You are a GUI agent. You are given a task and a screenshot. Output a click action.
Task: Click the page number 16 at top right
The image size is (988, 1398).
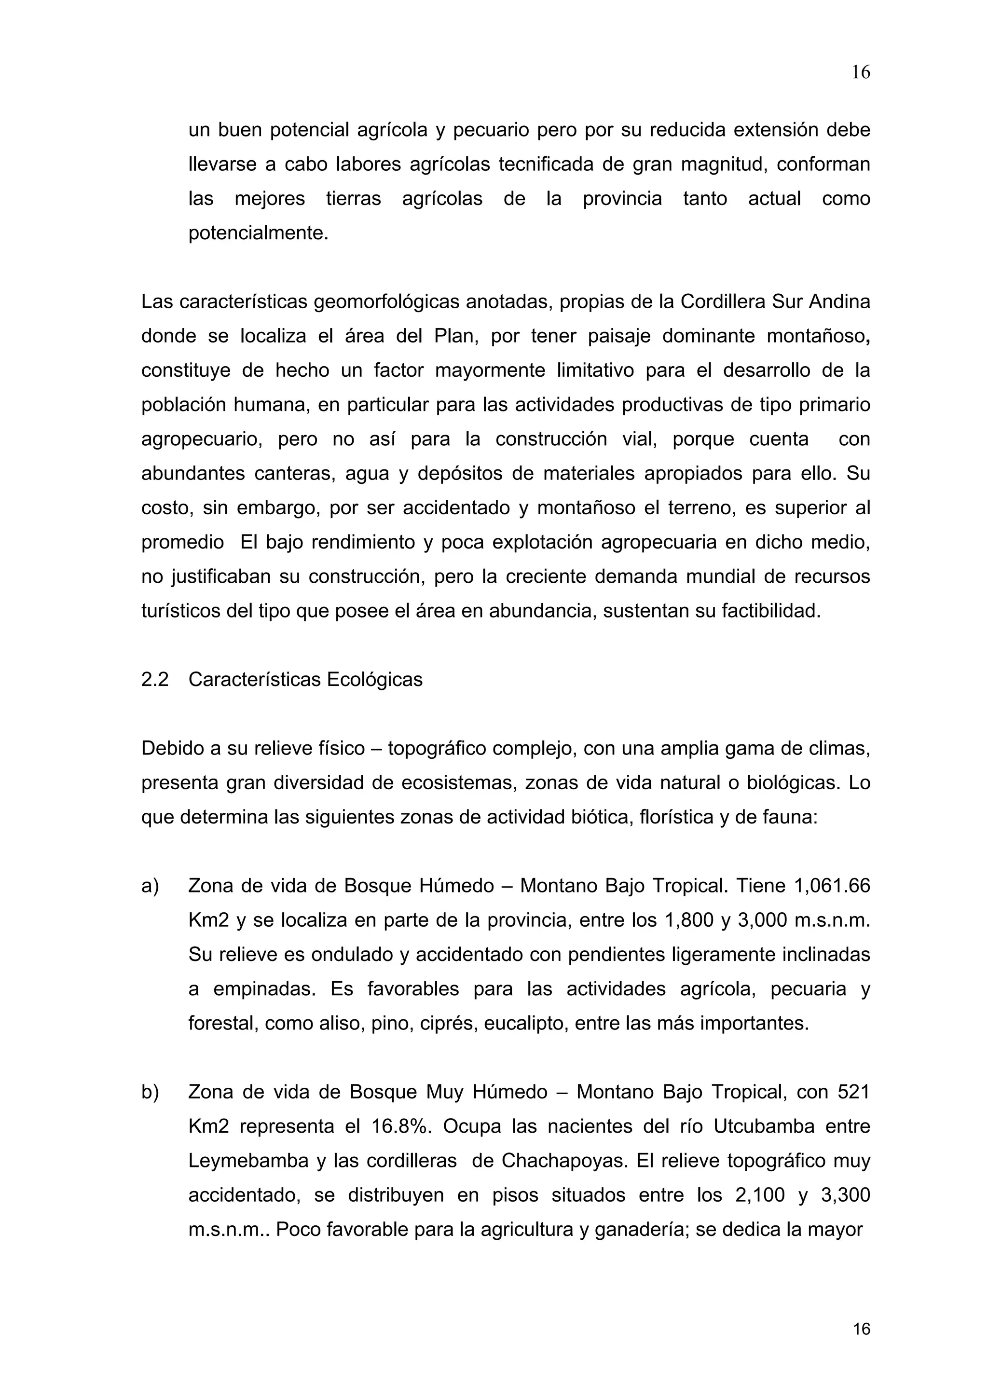click(860, 73)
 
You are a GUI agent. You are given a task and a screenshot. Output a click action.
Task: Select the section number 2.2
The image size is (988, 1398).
click(155, 680)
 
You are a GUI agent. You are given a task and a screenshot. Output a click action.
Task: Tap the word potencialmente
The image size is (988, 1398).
click(258, 233)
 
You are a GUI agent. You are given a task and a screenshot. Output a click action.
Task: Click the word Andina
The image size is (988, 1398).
click(839, 302)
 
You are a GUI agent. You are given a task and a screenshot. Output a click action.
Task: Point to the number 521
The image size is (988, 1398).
click(853, 1092)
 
